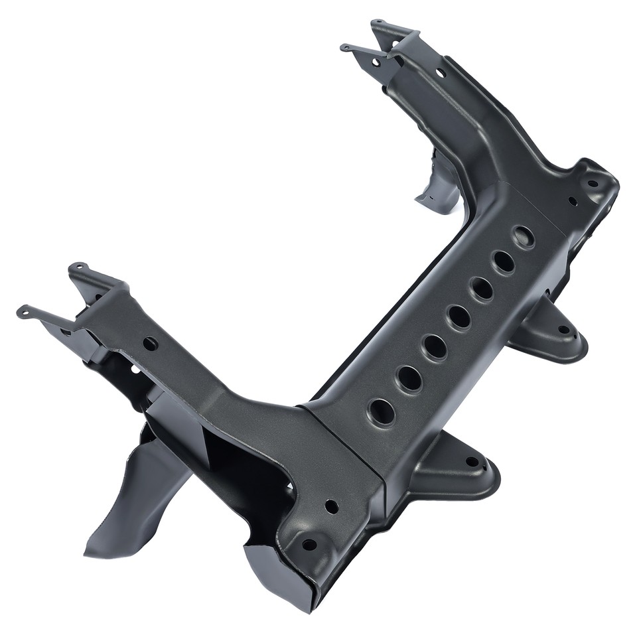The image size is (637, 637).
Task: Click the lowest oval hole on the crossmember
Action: coord(382,412)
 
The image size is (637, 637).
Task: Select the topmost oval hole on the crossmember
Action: coord(523,237)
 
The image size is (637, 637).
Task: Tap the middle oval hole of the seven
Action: coord(459,317)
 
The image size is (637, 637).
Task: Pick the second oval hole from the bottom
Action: coord(409,379)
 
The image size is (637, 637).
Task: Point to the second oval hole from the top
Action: coord(503,262)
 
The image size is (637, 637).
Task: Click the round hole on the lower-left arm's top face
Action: coord(151,344)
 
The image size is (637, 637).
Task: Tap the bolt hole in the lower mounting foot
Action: coord(472,462)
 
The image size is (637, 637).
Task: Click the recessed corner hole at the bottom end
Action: coord(309,545)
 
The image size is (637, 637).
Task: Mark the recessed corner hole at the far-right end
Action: coord(592,184)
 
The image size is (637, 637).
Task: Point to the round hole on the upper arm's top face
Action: coord(440,72)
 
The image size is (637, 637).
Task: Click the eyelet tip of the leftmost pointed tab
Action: coord(23,310)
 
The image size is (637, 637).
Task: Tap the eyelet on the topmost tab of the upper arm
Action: coord(376,24)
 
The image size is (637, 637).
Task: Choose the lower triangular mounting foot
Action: coord(458,468)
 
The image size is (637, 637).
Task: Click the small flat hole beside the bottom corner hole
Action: coord(331,506)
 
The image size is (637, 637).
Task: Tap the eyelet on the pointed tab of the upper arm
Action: coord(345,47)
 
